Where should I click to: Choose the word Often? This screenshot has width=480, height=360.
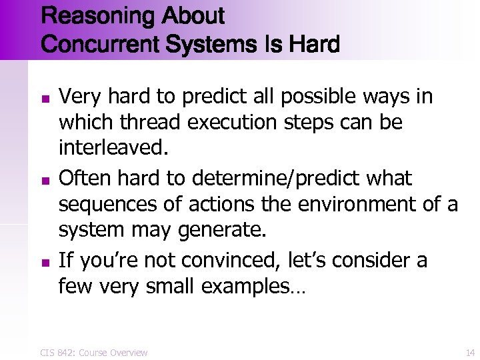click(x=82, y=179)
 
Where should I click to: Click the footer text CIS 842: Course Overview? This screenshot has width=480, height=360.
click(x=94, y=352)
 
